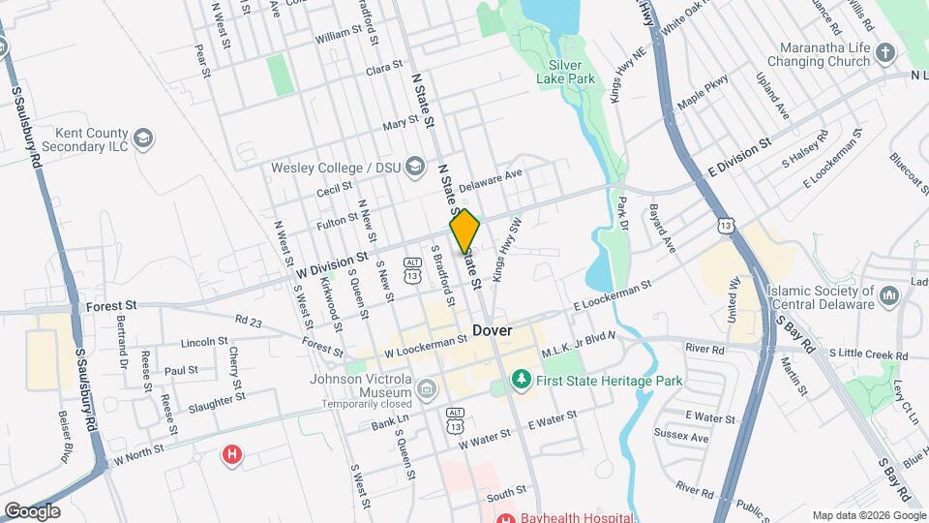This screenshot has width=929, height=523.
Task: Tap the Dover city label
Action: point(493,330)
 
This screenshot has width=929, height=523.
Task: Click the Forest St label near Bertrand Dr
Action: point(107,304)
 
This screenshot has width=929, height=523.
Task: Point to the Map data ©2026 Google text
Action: point(868,515)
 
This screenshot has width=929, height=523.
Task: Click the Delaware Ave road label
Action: point(490,179)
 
